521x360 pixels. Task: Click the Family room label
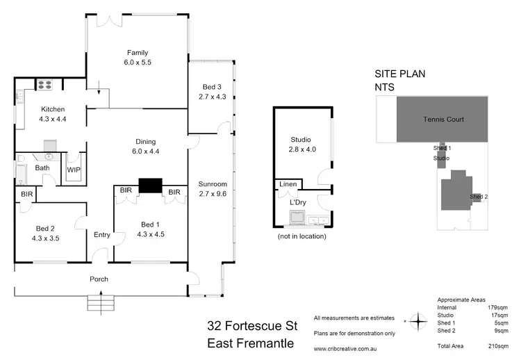coord(137,53)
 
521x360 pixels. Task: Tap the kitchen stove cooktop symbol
coord(45,85)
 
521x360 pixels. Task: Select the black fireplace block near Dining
coord(149,185)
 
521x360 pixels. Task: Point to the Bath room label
coord(42,168)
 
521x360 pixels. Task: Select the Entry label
coord(101,235)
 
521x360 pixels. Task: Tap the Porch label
coord(99,279)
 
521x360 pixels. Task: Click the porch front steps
coord(101,303)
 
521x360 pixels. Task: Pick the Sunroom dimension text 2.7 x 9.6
coord(213,195)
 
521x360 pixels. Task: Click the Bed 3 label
coord(212,86)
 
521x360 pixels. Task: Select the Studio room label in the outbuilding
coord(300,140)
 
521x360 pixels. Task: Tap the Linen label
coord(288,184)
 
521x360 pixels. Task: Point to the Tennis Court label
coord(443,119)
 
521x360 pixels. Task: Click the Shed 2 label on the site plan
coord(479,197)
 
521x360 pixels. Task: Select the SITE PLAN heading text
coord(399,73)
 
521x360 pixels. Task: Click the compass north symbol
coord(418,322)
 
